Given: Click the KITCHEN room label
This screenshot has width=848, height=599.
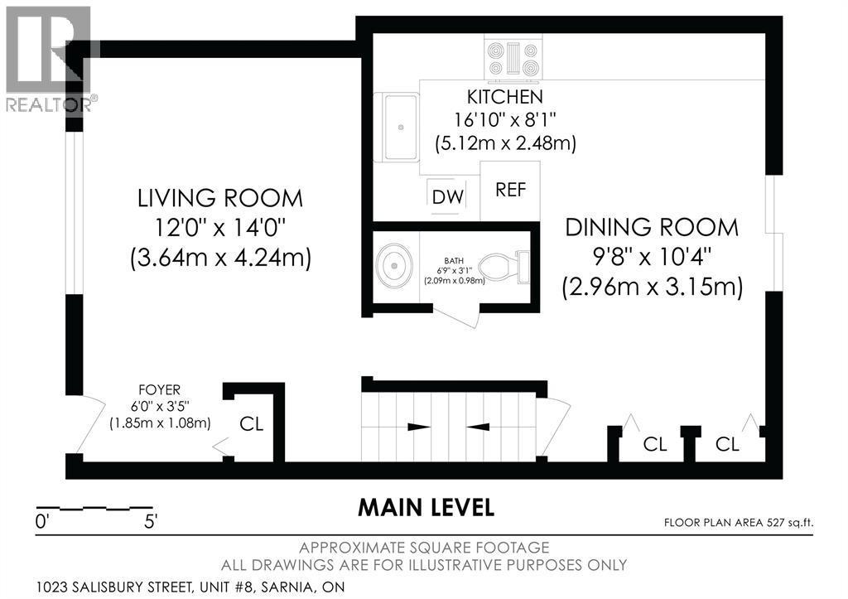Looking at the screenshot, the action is pos(504,97).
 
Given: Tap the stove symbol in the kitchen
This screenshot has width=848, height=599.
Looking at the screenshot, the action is pos(513,60).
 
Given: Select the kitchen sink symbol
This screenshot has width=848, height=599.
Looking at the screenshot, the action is pos(401,127).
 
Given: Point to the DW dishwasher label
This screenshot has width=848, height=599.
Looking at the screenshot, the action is pos(448,197).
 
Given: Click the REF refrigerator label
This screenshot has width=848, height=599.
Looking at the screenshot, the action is pos(510,190).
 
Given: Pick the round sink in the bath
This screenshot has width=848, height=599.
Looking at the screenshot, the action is pos(394,266).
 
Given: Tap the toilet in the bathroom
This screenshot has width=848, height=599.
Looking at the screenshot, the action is pos(503,268).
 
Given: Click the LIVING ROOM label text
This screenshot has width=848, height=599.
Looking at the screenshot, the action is pos(219,199).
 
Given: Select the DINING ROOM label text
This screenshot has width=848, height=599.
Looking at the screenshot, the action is pos(652,227).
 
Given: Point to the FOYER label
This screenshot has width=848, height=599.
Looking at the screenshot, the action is pos(160,389).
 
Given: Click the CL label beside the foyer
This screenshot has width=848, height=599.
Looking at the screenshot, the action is pos(252,424).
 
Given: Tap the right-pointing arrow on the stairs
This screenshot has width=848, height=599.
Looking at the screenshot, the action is pos(418,427).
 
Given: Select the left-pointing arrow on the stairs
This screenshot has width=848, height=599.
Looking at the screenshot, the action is pos(478,427).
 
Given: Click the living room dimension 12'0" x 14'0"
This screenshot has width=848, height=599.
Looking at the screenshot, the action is pos(219,228).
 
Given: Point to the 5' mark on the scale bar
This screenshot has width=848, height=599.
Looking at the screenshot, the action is pos(151,522).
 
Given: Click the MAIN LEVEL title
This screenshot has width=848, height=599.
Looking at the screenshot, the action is pos(426,508).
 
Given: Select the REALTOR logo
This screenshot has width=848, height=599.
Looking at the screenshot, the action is pos(49,60).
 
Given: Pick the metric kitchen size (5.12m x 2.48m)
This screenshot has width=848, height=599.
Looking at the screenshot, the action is pos(506,143).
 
